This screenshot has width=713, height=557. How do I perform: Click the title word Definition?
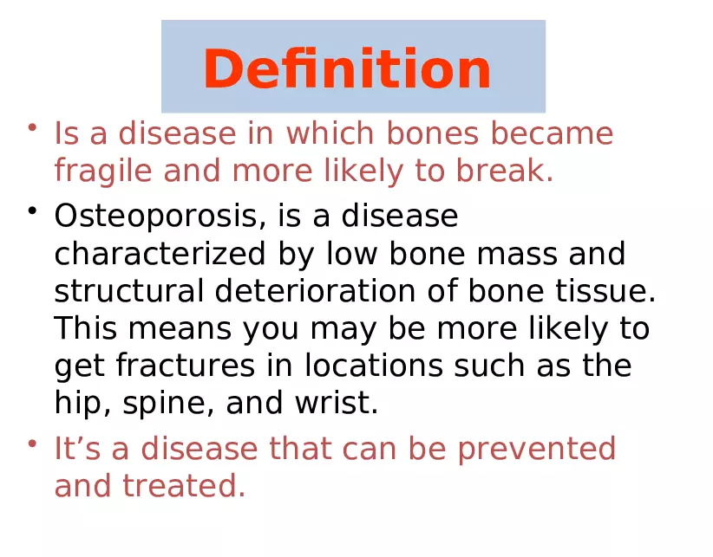click(x=347, y=69)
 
